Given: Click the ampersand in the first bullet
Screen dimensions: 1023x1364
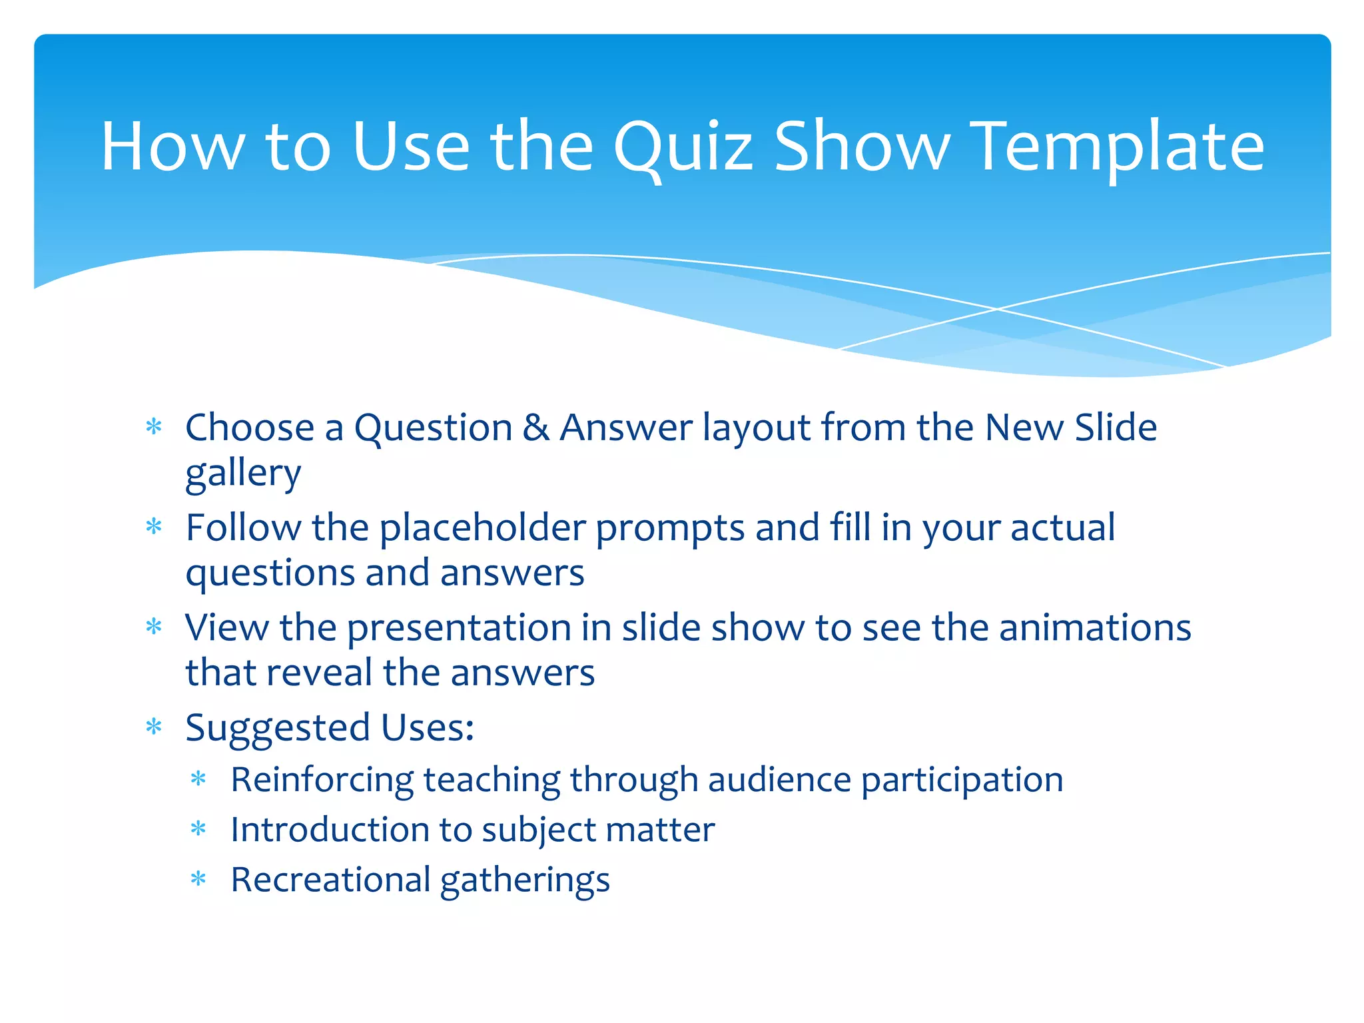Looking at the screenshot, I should point(536,428).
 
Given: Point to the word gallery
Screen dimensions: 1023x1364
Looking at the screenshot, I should point(243,474).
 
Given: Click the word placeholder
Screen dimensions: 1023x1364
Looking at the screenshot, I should point(482,528).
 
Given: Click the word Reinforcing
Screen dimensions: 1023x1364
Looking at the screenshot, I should point(321,780).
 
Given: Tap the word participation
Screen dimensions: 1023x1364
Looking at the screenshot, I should point(962,780).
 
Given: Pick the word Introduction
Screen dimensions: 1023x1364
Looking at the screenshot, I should point(329,830).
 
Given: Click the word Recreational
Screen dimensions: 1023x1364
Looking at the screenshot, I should point(330,880).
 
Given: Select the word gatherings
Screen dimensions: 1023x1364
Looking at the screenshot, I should point(525,881).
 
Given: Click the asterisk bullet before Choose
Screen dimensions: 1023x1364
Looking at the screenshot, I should point(154,426).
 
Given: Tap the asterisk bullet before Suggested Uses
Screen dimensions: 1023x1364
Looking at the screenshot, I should point(154,726).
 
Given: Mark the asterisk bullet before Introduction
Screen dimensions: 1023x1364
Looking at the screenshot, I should point(198,829).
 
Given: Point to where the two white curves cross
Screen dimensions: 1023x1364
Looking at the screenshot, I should point(997,309).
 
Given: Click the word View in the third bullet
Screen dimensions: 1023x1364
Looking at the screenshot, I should point(226,628).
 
